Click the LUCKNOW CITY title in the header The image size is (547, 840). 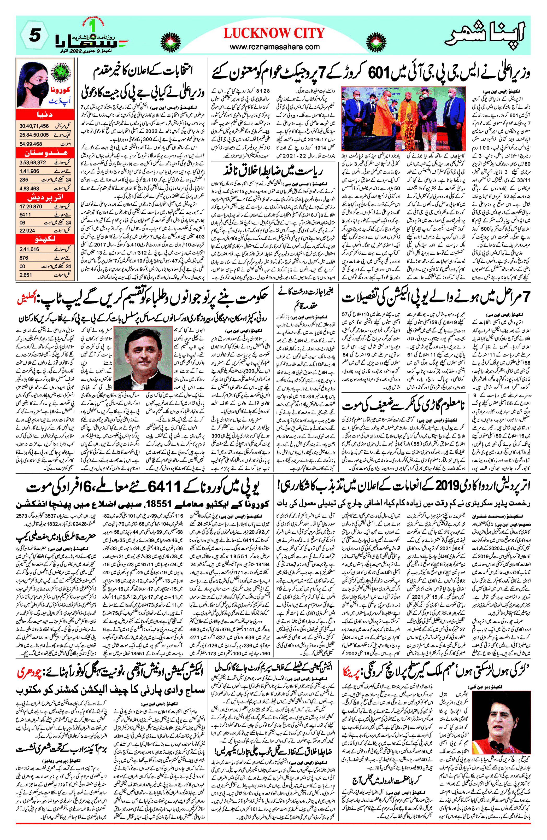(274, 33)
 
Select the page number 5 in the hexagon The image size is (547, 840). (34, 35)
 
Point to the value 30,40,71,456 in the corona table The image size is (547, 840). (34, 126)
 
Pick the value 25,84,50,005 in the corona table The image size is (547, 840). (34, 135)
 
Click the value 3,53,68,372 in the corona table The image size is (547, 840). (33, 162)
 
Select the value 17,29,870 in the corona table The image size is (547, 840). (31, 206)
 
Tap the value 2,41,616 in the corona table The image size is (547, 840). (30, 249)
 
